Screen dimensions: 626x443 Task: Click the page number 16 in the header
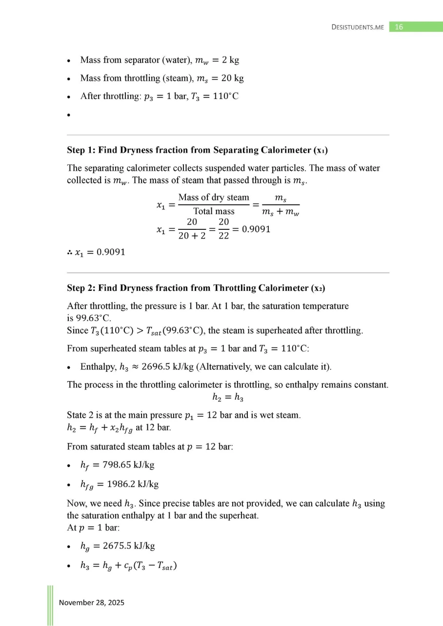point(399,27)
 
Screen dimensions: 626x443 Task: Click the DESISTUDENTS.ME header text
point(357,27)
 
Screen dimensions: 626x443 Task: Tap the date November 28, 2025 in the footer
point(92,603)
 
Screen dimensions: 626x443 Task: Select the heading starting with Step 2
point(196,288)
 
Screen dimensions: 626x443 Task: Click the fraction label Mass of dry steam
point(214,198)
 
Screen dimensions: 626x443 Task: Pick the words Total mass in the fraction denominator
point(214,211)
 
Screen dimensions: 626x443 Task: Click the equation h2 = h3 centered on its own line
point(227,398)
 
